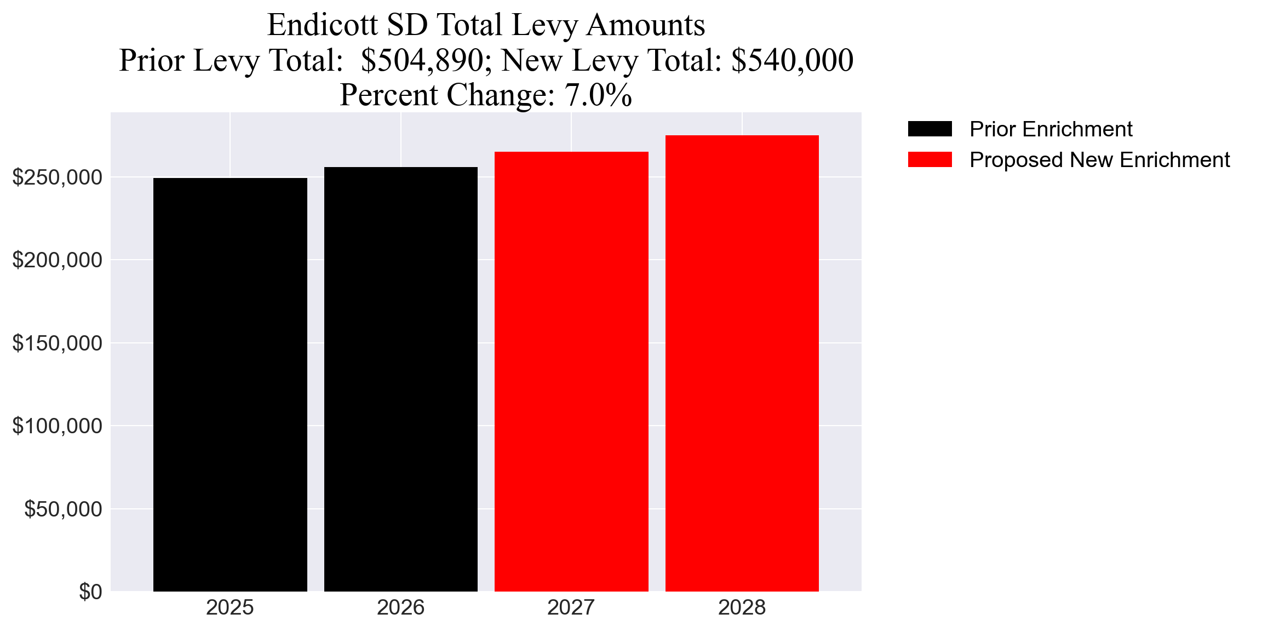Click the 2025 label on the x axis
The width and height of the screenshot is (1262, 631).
[230, 607]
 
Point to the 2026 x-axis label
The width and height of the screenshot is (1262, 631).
[400, 607]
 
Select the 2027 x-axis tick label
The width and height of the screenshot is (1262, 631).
[571, 607]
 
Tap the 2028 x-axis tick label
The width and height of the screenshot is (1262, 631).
[742, 607]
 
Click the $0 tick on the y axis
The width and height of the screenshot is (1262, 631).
[90, 592]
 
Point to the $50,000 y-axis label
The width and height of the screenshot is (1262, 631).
[63, 509]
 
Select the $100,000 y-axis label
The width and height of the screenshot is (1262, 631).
[57, 426]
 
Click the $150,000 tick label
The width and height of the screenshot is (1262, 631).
[57, 343]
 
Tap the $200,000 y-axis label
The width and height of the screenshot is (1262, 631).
[57, 260]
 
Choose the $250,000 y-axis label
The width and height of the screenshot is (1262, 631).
[57, 177]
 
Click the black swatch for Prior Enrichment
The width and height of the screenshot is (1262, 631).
[930, 129]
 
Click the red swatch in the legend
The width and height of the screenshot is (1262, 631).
[930, 160]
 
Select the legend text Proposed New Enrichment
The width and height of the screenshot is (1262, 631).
[1099, 160]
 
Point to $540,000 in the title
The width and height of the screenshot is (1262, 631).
[792, 60]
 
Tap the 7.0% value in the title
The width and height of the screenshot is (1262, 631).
[598, 95]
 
